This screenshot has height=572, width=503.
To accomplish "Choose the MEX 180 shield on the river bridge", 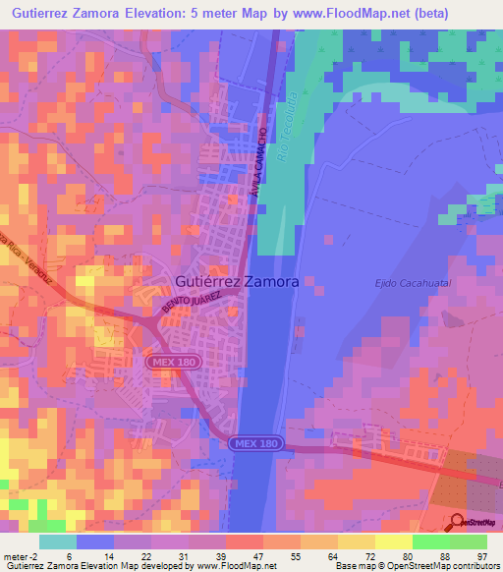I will [256, 444].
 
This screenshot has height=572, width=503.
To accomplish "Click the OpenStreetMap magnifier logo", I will [459, 522].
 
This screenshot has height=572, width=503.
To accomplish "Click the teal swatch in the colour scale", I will [58, 542].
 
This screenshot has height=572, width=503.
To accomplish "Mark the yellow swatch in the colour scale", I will [393, 542].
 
